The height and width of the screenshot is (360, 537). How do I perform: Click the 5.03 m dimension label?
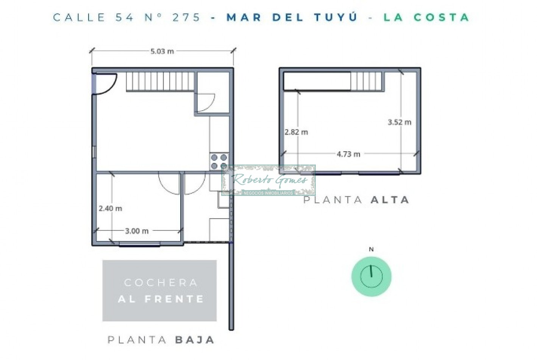(162, 51)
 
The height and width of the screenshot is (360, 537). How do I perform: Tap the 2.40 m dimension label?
(110, 208)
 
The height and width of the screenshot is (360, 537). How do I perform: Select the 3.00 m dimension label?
(137, 231)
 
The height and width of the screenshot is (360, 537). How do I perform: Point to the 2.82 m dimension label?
(296, 132)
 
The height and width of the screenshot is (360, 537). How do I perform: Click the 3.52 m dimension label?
(399, 122)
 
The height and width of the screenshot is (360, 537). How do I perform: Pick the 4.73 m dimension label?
(348, 154)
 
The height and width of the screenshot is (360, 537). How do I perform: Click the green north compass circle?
(371, 276)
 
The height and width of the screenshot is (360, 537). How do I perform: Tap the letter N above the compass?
(371, 249)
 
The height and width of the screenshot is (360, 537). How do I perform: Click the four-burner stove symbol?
(219, 161)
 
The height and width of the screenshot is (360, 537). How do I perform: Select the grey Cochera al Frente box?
(159, 291)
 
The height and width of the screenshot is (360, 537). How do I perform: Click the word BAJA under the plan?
(195, 340)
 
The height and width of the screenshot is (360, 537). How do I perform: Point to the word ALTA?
(390, 200)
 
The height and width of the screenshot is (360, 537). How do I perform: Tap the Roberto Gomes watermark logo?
(268, 180)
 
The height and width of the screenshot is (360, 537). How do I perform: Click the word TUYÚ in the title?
(336, 17)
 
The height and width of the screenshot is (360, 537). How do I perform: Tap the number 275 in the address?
(186, 17)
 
